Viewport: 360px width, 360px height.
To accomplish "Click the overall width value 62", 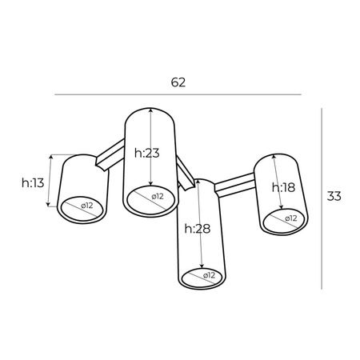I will pos(178,82).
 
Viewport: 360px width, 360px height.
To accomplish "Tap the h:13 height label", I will pos(33,182).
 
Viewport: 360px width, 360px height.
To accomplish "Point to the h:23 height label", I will pos(147,154).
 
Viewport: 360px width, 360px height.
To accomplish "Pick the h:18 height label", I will pos(283,188).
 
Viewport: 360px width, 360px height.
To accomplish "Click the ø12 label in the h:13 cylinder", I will pos(85,206).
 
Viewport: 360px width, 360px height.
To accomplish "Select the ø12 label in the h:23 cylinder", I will pos(154,196).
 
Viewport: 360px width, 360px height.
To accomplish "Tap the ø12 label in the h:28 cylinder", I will pos(206,276).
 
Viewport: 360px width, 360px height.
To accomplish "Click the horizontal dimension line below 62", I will pos(178,95).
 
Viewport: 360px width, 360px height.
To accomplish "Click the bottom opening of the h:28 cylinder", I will pos(203,277).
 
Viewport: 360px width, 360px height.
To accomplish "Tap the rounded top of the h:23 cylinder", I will pos(150,112).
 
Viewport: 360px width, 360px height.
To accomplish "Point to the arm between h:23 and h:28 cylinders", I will pos(186,173).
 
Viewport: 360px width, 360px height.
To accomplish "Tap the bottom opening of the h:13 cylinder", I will pos(83,206).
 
